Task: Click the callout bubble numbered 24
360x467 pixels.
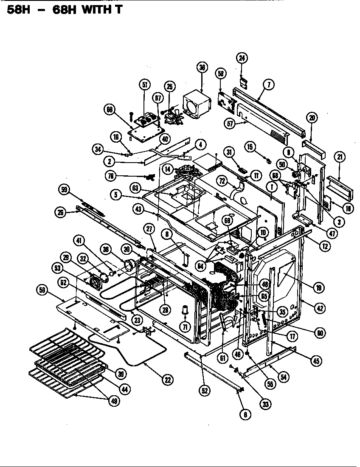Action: coord(242,59)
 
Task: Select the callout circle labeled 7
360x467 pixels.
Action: coord(269,84)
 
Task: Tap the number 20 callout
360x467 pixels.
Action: coord(312,118)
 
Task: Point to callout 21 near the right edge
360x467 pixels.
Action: coord(340,157)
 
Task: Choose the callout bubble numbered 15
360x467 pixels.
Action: coord(250,147)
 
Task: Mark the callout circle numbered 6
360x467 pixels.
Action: coord(245,415)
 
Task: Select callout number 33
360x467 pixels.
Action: coord(265,404)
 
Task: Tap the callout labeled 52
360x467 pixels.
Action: coord(205,391)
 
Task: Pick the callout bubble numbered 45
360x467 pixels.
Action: coord(316,361)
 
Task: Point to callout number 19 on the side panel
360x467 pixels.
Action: coord(318,287)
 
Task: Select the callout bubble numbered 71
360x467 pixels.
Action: coord(185,326)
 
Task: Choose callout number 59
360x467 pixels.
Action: coord(65,191)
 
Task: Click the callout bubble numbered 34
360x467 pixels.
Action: coord(98,149)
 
